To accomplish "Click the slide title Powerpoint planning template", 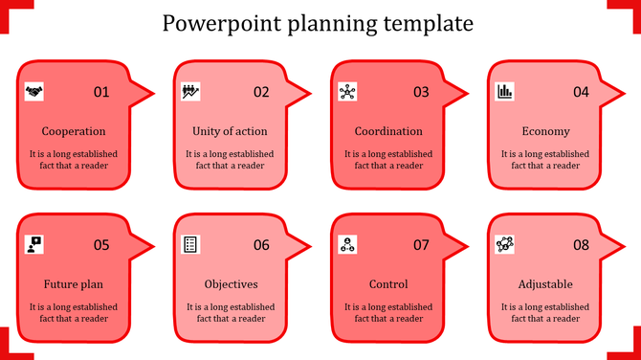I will pos(318,22).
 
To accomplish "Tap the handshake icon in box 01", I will pos(34,92).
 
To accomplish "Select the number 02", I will pos(261,92).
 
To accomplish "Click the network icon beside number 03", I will pos(347,92).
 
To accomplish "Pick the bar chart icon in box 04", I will pos(504,92).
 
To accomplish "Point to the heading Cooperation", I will pos(74,131).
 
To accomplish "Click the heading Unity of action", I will pos(230,131).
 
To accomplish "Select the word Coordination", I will pos(388,131).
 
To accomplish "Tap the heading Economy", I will pos(546,131).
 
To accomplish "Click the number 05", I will pos(101,245).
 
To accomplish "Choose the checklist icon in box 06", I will pos(190,245).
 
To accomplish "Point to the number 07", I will pos(421,245).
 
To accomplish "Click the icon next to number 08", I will pos(505,245).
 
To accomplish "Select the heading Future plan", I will pos(74,284).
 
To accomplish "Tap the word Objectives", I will pos(231,284).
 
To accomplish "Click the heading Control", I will pos(388,284).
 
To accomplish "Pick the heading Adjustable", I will pos(545,284).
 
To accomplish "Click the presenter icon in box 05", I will pos(34,245).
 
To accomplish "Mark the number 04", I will pos(581,92).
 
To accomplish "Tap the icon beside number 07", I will pos(347,245).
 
